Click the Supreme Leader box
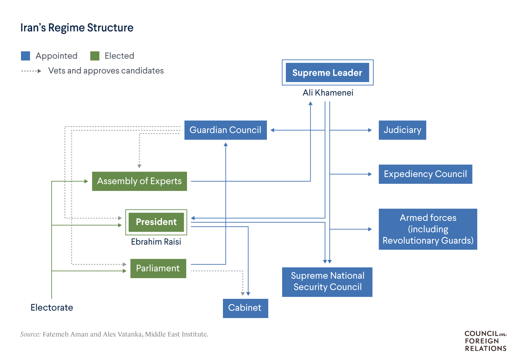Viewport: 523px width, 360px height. [327, 72]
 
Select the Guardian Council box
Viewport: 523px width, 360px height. [226, 130]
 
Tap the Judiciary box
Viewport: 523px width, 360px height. [402, 130]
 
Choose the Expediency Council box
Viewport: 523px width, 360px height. [426, 174]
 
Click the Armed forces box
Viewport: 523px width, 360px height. [428, 229]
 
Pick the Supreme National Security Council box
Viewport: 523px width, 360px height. [327, 282]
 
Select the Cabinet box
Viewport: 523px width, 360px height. [245, 308]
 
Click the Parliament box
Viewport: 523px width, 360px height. [158, 268]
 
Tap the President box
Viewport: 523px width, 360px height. [156, 222]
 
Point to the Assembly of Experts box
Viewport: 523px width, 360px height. [139, 181]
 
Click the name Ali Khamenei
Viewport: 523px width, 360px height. [328, 93]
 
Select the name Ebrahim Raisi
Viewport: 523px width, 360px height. [156, 242]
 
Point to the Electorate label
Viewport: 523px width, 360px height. [52, 308]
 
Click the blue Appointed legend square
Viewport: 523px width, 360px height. [25, 56]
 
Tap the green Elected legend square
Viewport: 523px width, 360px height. [95, 56]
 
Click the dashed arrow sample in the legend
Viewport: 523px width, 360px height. [31, 71]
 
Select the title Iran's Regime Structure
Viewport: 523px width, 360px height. [77, 27]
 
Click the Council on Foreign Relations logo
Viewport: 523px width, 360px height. [486, 341]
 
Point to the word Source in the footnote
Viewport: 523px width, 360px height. [30, 334]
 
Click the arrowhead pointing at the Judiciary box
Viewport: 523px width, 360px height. [370, 130]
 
